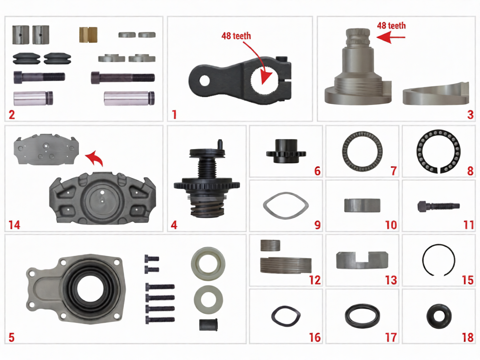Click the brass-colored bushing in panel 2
[88, 34]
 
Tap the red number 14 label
[14, 225]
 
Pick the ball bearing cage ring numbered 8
[438, 151]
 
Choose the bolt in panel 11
[438, 205]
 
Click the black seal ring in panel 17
[362, 316]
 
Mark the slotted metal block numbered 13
[362, 260]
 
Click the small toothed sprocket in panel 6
[286, 152]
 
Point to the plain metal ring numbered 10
[362, 205]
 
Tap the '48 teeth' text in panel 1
[236, 36]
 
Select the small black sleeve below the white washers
[209, 324]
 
